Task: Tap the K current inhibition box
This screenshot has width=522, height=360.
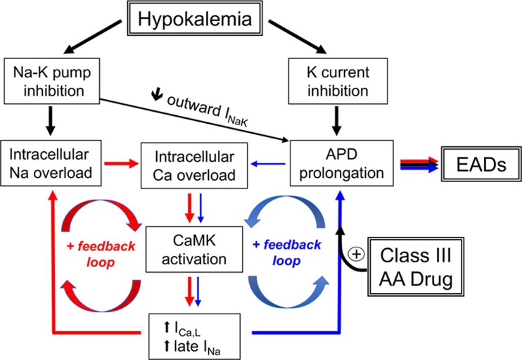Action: point(328,82)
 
